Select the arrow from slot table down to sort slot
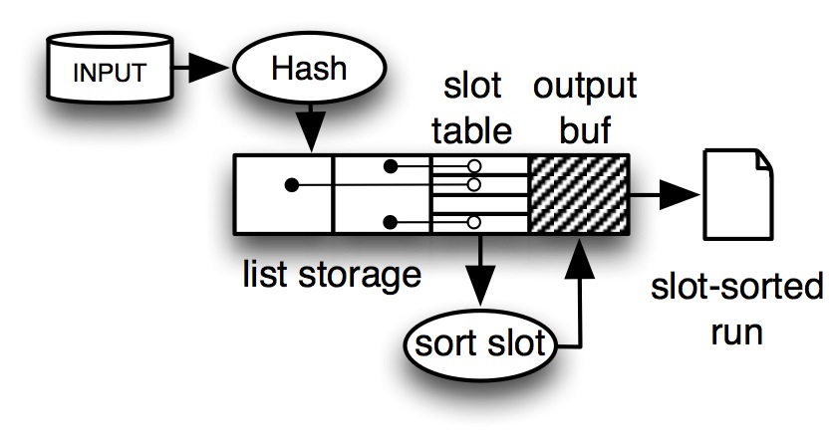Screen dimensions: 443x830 (481, 270)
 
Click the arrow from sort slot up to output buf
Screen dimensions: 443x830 (576, 299)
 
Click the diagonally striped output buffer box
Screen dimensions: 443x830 (579, 193)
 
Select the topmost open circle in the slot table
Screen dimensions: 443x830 (473, 165)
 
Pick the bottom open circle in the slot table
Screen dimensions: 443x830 (474, 221)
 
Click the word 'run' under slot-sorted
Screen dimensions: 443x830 (736, 330)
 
